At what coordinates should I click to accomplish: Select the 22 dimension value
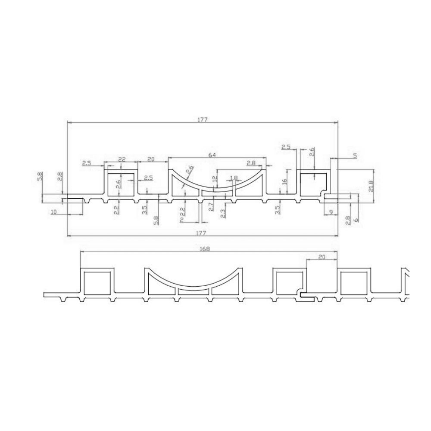point(122,159)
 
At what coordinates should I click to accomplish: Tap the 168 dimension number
point(205,249)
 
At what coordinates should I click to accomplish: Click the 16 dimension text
point(284,182)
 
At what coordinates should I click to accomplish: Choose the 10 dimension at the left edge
point(53,212)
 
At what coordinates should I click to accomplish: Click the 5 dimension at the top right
point(354,156)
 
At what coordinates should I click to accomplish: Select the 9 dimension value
point(330,212)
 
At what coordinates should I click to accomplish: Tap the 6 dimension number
point(356,219)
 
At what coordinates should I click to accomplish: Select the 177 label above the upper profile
point(203,120)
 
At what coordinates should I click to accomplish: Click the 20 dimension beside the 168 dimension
point(322,256)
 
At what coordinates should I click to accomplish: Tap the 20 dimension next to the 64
point(151,159)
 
